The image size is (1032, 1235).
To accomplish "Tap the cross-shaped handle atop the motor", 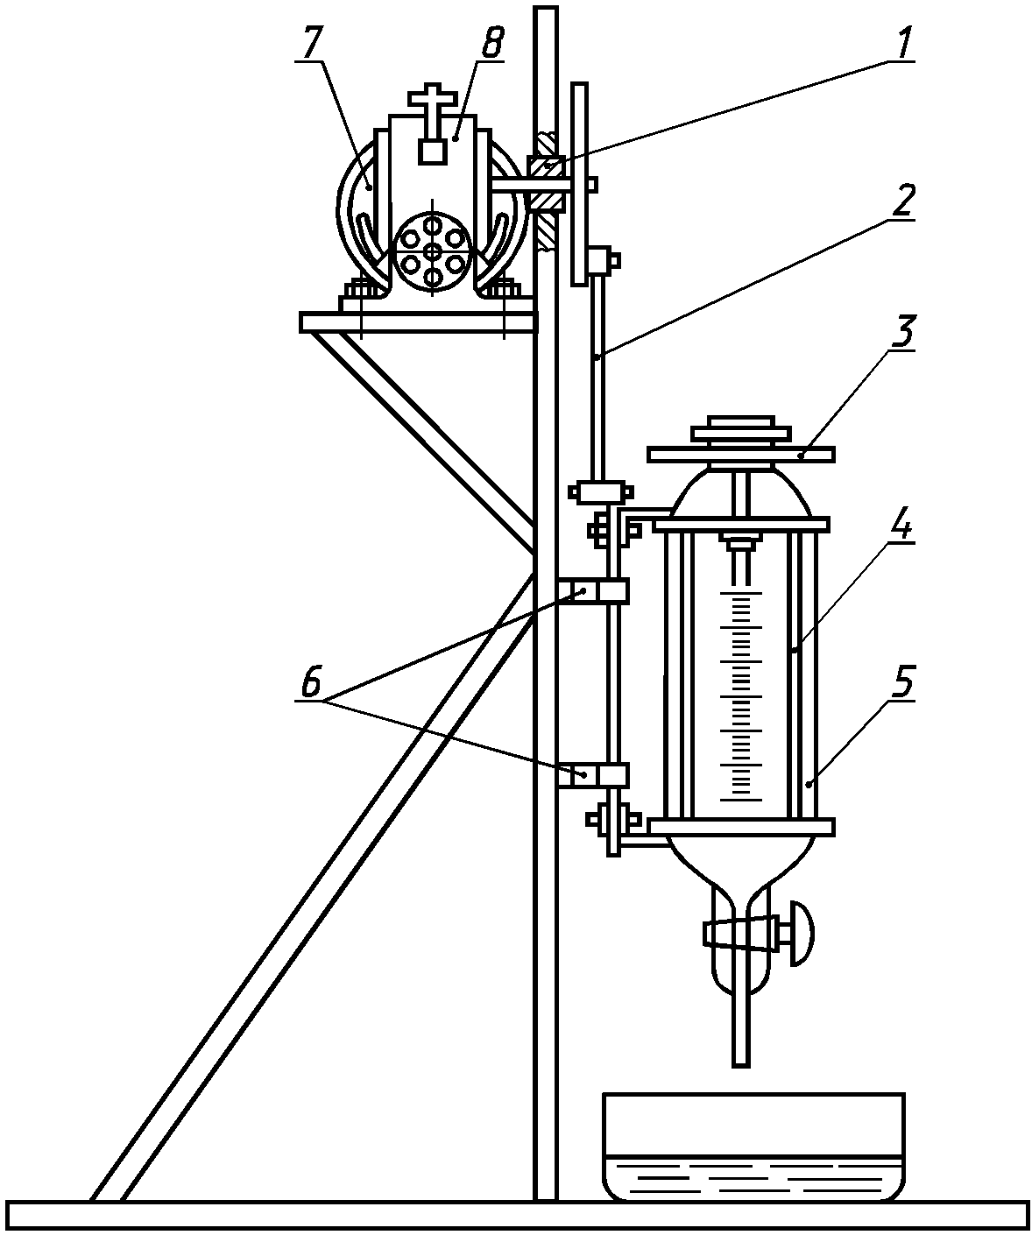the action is point(432,107).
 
